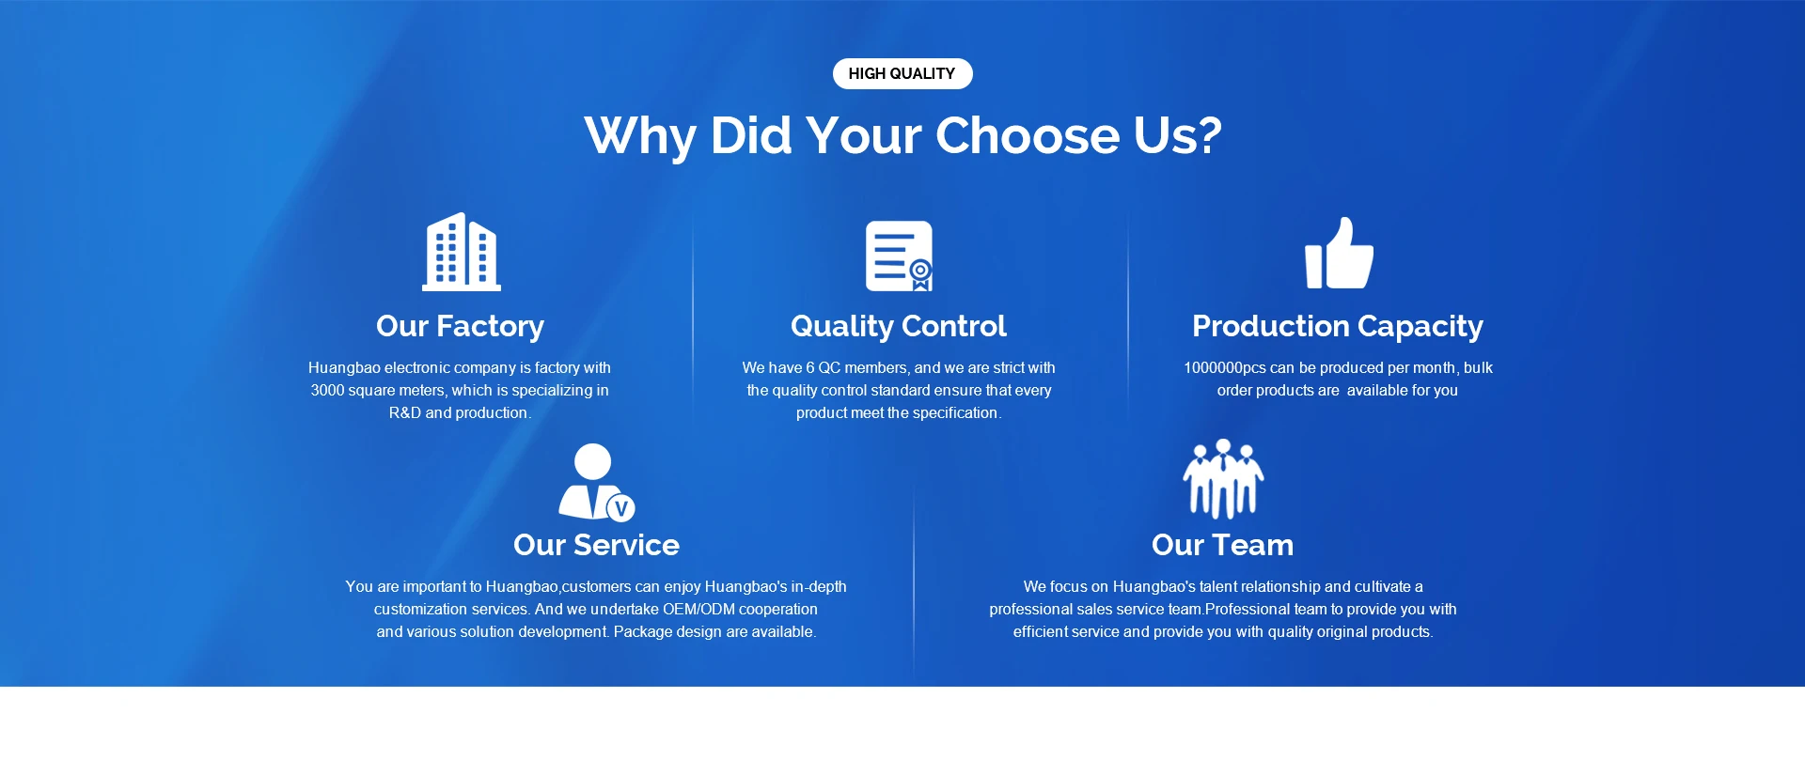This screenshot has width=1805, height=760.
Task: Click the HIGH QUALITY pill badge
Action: coord(902,73)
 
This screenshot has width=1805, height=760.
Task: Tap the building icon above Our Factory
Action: coord(461,252)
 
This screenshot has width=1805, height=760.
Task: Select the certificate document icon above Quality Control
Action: coord(899,256)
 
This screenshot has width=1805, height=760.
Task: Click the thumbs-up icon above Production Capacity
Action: coord(1339,253)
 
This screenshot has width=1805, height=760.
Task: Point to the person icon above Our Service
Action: coord(596,482)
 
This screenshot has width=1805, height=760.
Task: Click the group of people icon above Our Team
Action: coord(1223,478)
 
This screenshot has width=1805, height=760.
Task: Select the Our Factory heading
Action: coord(460,326)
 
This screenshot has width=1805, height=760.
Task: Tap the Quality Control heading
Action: coord(899,326)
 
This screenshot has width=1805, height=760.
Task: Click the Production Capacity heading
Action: coord(1338,326)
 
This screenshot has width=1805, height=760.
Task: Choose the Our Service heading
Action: coord(596,545)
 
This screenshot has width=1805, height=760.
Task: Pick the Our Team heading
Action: coord(1222,545)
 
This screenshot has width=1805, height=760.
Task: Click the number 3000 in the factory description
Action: coord(328,390)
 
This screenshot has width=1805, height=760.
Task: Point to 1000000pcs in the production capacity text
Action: coord(1224,367)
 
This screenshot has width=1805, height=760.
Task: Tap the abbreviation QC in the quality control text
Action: coord(829,367)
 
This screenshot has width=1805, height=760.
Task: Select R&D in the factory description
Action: coord(405,412)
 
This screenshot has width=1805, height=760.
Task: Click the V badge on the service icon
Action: coord(620,508)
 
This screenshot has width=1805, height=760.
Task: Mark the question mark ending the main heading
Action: coord(1210,135)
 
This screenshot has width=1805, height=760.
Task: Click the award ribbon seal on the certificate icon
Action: coord(921,274)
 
